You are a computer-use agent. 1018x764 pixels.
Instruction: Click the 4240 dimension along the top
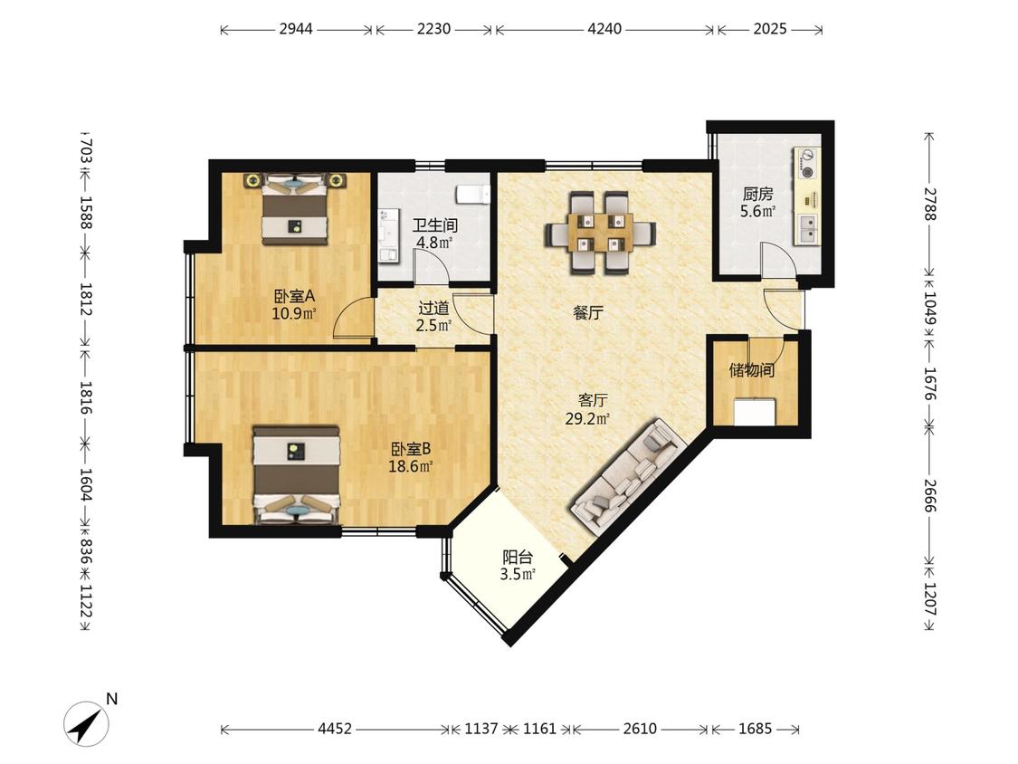click(604, 29)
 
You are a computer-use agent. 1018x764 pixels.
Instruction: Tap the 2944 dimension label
click(296, 29)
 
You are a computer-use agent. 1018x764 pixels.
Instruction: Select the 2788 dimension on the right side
click(930, 204)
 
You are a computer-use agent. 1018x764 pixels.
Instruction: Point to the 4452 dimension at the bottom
click(335, 729)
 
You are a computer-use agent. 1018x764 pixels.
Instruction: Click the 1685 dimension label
click(755, 729)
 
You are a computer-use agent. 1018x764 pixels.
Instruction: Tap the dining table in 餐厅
click(601, 232)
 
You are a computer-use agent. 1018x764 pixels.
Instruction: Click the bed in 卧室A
click(294, 208)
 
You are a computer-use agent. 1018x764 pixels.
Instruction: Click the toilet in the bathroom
click(472, 194)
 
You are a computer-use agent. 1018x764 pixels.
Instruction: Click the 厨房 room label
click(757, 194)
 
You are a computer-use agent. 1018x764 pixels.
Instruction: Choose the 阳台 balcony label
click(518, 558)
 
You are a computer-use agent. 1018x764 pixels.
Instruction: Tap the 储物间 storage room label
click(751, 370)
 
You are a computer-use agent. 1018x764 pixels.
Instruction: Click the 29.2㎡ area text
click(587, 419)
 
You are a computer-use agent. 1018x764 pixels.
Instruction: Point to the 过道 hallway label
click(433, 308)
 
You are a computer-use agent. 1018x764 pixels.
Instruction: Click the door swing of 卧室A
click(352, 319)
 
